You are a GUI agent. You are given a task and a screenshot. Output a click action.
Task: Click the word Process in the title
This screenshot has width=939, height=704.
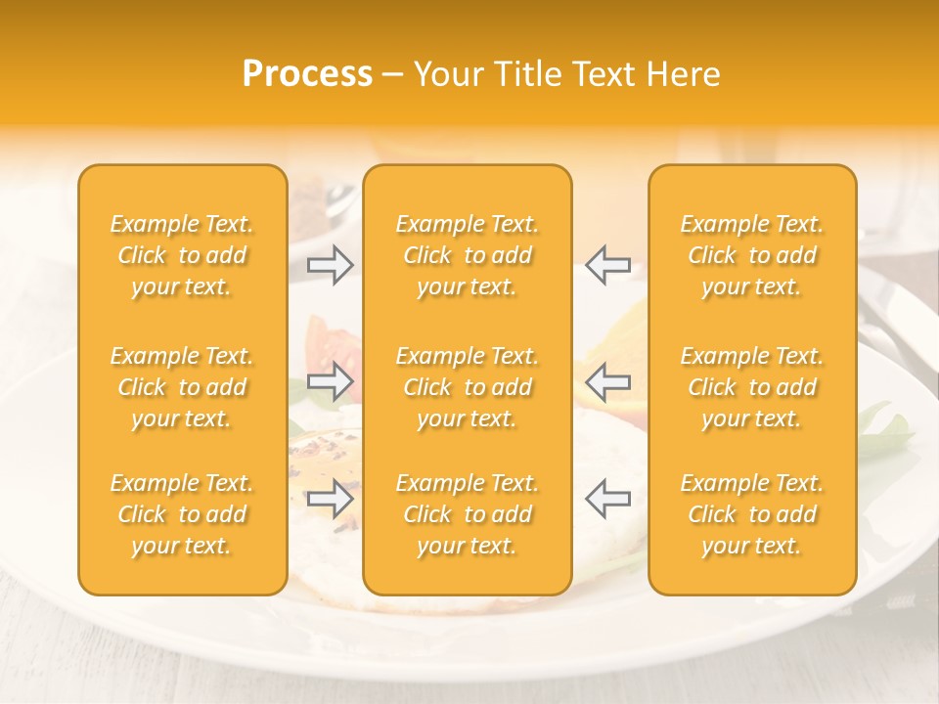click(x=307, y=74)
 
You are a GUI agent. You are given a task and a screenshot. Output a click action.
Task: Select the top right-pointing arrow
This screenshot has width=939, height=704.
click(x=331, y=265)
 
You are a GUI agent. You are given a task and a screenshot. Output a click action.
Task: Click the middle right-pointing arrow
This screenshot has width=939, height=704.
click(x=331, y=381)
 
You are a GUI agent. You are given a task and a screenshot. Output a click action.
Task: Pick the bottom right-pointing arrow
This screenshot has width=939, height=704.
click(x=331, y=500)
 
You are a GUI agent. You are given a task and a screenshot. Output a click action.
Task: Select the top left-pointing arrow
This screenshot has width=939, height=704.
click(x=607, y=265)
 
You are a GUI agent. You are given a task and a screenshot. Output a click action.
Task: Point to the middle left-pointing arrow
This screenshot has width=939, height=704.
click(x=607, y=381)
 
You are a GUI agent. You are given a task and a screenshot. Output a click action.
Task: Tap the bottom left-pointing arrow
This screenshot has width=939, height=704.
click(x=607, y=500)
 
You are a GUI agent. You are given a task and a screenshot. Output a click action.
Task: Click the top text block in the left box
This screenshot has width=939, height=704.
click(x=182, y=255)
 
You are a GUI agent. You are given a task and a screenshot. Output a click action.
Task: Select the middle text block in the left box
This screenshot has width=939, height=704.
click(x=182, y=387)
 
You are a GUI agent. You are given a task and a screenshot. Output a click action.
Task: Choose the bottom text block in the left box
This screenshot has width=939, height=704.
click(x=182, y=514)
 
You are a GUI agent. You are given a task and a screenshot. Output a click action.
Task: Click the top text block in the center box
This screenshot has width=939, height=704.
click(x=467, y=255)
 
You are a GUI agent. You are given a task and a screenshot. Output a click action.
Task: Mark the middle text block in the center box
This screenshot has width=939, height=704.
click(x=467, y=387)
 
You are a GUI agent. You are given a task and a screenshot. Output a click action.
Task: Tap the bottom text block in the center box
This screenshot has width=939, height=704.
click(x=467, y=514)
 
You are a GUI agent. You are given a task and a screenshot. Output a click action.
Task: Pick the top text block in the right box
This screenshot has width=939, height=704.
click(x=752, y=255)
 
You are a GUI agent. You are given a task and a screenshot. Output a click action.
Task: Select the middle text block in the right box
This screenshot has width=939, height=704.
click(x=752, y=387)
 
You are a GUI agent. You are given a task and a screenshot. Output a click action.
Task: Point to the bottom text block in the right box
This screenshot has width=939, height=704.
click(x=752, y=514)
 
